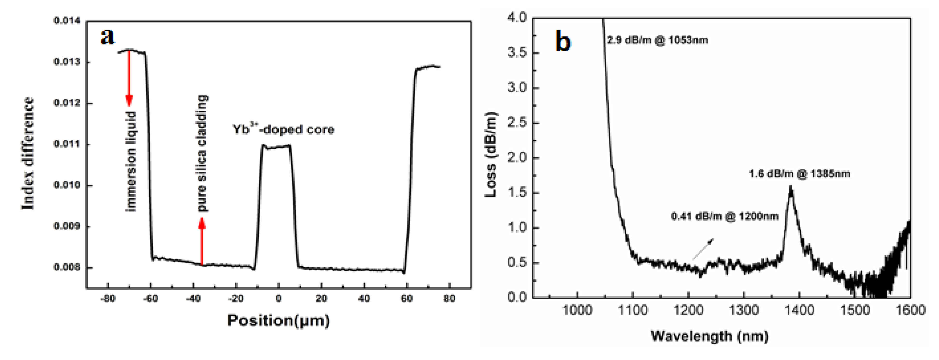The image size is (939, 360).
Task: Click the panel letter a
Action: coord(107,36)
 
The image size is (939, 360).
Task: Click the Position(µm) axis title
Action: coord(278,321)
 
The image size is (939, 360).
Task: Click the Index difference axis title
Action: coord(28,154)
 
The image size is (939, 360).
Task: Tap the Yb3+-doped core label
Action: coord(284,129)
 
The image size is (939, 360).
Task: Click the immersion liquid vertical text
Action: coord(130,161)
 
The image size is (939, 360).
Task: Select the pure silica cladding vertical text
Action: coord(202,153)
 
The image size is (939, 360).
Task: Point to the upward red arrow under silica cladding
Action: coord(202,241)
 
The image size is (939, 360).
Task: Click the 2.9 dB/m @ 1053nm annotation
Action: coord(657,40)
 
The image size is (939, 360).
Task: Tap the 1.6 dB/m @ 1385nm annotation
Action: coord(800,174)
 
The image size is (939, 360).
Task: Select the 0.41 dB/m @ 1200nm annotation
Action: coord(725,216)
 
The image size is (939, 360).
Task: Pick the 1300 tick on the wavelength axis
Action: coord(744,310)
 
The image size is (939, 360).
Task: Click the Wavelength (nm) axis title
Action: coord(709,336)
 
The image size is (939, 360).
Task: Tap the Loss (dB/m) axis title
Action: coord(491,155)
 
